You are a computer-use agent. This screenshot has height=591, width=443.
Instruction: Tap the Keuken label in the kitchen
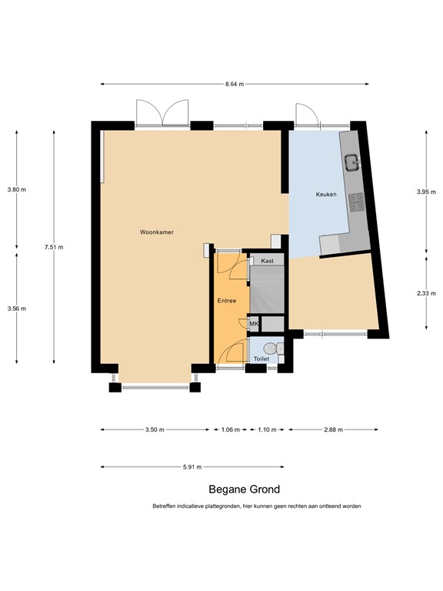[327, 195]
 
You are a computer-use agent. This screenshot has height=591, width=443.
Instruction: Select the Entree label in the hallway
[226, 301]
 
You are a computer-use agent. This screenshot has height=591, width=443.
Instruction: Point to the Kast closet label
[268, 262]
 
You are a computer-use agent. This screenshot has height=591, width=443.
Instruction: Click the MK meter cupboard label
[254, 325]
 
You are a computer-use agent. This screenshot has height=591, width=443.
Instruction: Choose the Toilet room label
[261, 359]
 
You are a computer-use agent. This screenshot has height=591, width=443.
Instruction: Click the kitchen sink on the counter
[355, 162]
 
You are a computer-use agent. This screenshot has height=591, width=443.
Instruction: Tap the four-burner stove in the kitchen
[357, 202]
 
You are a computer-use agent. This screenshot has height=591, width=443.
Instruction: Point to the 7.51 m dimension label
[54, 247]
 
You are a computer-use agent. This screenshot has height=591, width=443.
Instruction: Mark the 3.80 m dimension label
[16, 189]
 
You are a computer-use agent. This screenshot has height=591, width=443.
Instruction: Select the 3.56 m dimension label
[16, 309]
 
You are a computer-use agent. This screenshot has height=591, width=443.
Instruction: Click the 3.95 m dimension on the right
[426, 192]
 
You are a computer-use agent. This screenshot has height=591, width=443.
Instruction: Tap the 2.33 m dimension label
[426, 293]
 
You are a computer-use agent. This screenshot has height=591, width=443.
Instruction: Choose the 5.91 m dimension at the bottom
[192, 466]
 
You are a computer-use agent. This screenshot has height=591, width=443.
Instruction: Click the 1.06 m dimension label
[230, 430]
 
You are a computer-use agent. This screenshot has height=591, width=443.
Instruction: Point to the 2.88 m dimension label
[333, 430]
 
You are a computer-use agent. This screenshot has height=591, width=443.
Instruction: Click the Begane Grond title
[245, 489]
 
